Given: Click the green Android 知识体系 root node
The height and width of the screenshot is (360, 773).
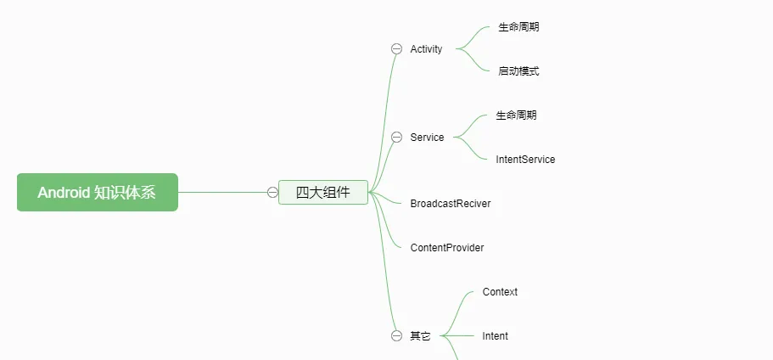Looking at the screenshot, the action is pyautogui.click(x=97, y=193).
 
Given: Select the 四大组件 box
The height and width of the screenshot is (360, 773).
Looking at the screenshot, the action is pyautogui.click(x=323, y=193).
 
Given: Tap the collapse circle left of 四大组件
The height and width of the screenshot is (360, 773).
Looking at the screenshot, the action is pyautogui.click(x=272, y=193).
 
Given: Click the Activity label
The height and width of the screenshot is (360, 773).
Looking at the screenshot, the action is pyautogui.click(x=426, y=49).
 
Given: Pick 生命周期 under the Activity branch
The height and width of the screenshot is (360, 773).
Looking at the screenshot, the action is pyautogui.click(x=518, y=27).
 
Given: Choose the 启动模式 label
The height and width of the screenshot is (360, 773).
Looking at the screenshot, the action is pyautogui.click(x=518, y=71).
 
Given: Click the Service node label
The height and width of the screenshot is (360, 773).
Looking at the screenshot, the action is pyautogui.click(x=427, y=137).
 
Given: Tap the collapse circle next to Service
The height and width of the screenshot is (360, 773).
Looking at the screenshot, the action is pyautogui.click(x=397, y=137).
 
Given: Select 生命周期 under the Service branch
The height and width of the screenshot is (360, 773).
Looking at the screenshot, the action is pyautogui.click(x=516, y=115).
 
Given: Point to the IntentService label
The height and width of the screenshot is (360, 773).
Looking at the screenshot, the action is pyautogui.click(x=525, y=160).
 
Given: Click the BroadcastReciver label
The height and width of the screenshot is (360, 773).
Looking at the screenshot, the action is pyautogui.click(x=451, y=203).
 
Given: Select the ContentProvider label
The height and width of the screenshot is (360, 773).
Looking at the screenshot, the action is pyautogui.click(x=447, y=248).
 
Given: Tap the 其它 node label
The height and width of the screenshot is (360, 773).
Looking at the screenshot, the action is pyautogui.click(x=421, y=336).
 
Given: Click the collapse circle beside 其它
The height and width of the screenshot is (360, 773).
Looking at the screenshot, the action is pyautogui.click(x=397, y=336).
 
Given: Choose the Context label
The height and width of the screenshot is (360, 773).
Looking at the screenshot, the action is pyautogui.click(x=500, y=292).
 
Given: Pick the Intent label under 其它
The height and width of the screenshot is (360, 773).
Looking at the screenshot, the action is pyautogui.click(x=495, y=336).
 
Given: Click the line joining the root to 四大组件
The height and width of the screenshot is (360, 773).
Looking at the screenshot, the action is pyautogui.click(x=222, y=193).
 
